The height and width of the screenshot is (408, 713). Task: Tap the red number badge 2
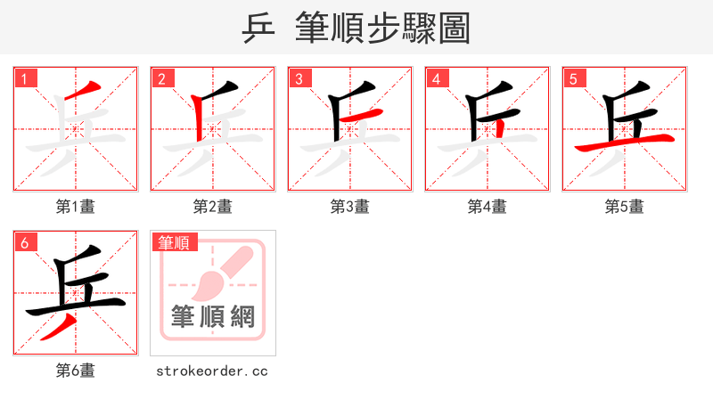coord(162,78)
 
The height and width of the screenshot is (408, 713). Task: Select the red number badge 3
coord(299,78)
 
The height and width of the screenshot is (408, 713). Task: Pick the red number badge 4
coord(437,78)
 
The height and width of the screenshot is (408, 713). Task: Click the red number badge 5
coord(574,78)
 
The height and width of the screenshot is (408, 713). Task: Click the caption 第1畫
coord(76,207)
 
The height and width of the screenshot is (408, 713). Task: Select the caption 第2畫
coord(213,207)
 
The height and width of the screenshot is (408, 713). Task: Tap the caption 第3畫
coord(350,207)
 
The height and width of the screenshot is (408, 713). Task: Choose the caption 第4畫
coord(488,207)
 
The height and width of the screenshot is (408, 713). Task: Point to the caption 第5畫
coord(625,207)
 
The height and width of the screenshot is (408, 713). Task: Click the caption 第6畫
coord(76,371)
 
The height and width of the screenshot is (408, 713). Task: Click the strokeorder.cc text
coord(212,371)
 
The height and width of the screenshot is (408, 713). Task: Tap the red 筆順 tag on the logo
coord(175,242)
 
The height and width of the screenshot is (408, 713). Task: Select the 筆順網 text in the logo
coord(213,316)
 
